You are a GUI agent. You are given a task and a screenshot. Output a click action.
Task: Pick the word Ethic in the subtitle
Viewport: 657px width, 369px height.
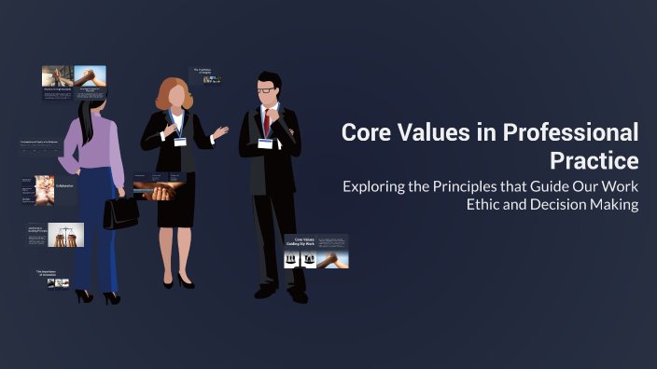[485, 205]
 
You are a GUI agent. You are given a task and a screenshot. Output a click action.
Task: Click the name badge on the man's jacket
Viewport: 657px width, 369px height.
[267, 144]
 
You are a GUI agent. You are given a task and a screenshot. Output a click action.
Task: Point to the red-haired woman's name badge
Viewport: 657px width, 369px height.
[180, 143]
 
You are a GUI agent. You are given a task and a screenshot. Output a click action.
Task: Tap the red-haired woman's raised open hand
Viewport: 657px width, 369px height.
[220, 132]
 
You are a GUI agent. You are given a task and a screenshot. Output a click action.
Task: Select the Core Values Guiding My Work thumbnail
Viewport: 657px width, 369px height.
[315, 251]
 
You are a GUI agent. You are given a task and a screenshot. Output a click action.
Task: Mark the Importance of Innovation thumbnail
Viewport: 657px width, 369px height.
[52, 277]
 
